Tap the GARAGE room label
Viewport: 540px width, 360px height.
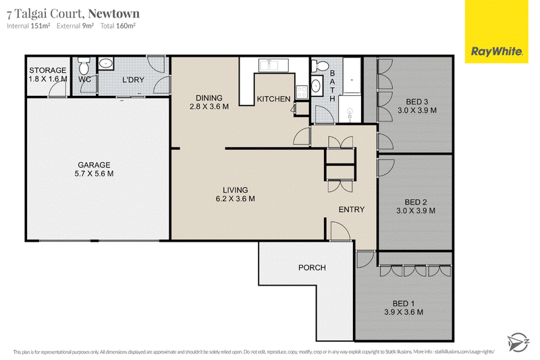[94, 165]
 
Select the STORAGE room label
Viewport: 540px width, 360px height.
[47, 70]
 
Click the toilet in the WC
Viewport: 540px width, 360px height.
[84, 66]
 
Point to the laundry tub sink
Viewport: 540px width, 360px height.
[105, 63]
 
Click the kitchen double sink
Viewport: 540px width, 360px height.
[273, 65]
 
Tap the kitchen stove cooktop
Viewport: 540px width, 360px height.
[302, 91]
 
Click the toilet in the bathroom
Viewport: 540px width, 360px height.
[317, 66]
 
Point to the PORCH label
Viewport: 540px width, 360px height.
[312, 267]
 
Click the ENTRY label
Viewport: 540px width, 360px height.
[351, 209]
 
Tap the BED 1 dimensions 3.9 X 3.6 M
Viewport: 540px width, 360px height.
[404, 312]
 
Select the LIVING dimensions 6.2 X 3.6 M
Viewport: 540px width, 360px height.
[235, 199]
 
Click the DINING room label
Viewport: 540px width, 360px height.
[209, 98]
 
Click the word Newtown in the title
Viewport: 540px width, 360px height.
[114, 14]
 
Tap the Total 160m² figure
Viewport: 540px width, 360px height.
[117, 26]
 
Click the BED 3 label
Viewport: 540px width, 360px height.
[416, 102]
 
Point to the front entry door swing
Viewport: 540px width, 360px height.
[340, 230]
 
